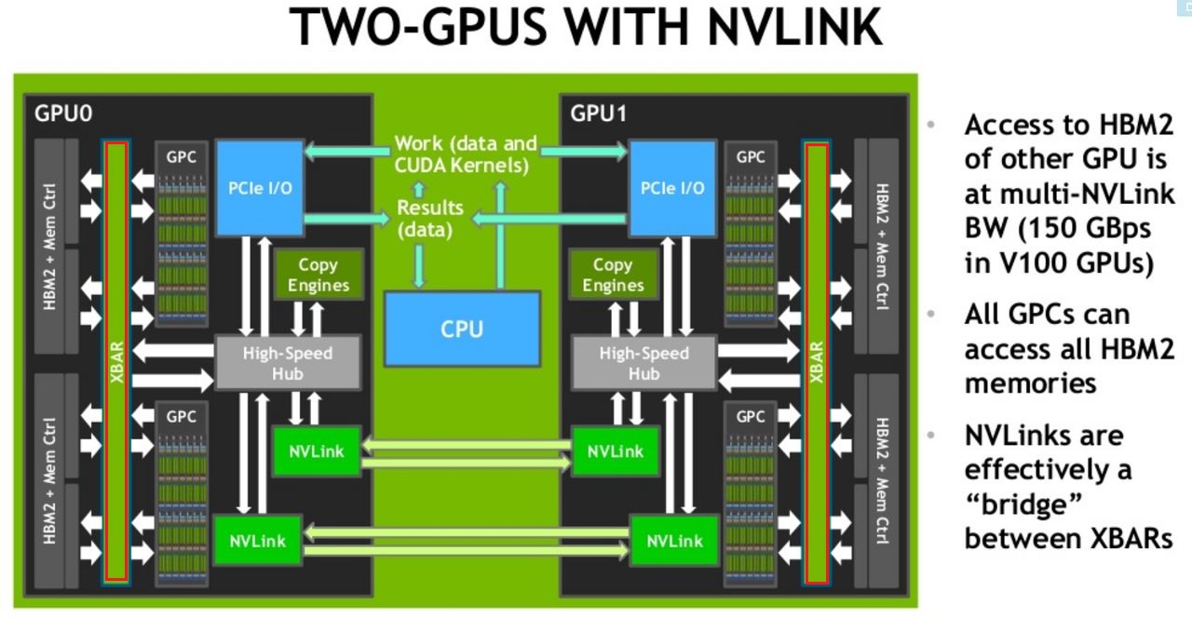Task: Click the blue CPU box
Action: (462, 329)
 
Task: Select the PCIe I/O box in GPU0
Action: (260, 187)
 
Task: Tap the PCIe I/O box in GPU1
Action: (671, 187)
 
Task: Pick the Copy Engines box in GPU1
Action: (613, 276)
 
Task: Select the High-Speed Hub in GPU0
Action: (287, 363)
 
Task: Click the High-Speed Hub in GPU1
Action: (643, 363)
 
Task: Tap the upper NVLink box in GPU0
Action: (316, 451)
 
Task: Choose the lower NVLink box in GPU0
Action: (258, 540)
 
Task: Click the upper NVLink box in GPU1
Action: (616, 451)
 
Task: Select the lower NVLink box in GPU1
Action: (674, 540)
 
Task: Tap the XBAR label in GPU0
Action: (116, 364)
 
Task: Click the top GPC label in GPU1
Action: (750, 157)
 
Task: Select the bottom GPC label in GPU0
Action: (181, 417)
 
